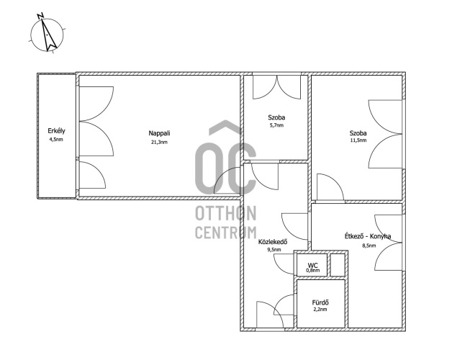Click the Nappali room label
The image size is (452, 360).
(159, 133)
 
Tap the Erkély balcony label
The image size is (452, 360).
(56, 131)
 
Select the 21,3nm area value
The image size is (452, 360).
(159, 142)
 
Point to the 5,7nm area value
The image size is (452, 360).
(276, 125)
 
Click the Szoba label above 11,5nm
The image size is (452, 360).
(358, 133)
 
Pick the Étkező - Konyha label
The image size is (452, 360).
(368, 236)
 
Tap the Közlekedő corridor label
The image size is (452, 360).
(273, 242)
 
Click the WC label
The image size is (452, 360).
(312, 265)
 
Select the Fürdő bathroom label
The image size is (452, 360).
(320, 302)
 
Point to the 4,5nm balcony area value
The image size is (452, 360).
(56, 140)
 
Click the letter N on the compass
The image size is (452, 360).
(40, 16)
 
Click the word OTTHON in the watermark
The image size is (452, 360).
(226, 213)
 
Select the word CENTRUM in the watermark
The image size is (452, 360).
(226, 233)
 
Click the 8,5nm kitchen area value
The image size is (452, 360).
(369, 246)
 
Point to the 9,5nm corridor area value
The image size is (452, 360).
(274, 250)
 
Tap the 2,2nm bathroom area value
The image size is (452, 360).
(320, 310)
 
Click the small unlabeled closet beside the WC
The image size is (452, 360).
(338, 265)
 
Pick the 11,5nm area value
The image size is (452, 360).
(358, 140)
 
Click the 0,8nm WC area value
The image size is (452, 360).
(313, 271)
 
